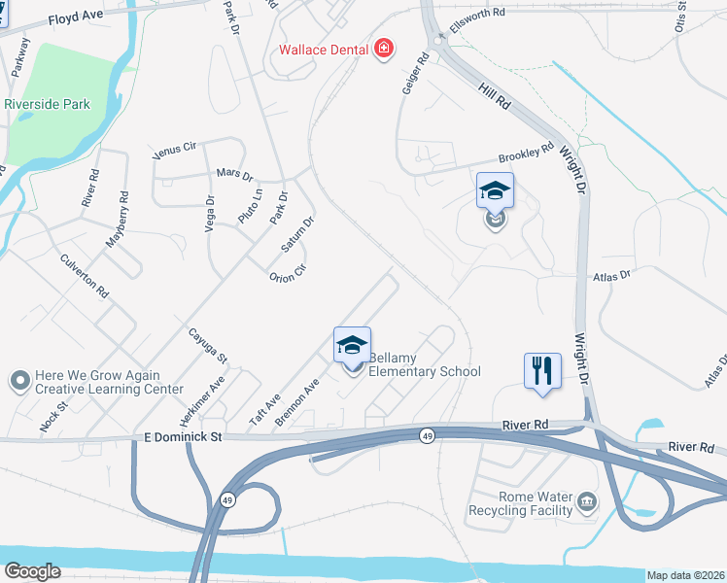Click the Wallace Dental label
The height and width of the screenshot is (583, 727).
tap(324, 50)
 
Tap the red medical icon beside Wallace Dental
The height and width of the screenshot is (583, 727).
tap(384, 49)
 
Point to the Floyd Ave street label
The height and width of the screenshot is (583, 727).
tap(75, 16)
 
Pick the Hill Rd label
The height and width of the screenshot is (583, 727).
tap(496, 97)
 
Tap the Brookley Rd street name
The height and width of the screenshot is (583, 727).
tap(526, 153)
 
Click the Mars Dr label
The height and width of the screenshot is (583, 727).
tap(234, 175)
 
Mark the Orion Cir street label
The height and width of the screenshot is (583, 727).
tap(288, 272)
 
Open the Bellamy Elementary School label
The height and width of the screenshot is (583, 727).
tap(425, 364)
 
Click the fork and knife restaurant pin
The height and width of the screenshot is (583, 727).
tap(542, 370)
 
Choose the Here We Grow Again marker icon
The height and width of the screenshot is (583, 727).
tap(18, 381)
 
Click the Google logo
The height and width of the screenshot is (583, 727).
tap(32, 570)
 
